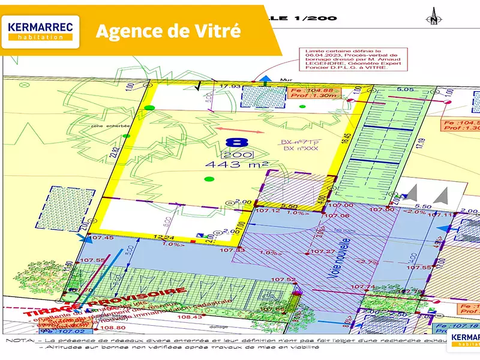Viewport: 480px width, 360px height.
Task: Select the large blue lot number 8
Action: (238, 142)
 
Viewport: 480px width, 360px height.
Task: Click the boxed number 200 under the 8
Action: (237, 154)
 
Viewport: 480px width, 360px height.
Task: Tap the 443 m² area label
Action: (236, 164)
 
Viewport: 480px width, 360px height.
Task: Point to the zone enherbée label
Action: (103, 127)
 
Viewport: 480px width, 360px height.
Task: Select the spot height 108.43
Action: (191, 316)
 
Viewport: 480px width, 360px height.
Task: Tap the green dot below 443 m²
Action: (209, 178)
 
